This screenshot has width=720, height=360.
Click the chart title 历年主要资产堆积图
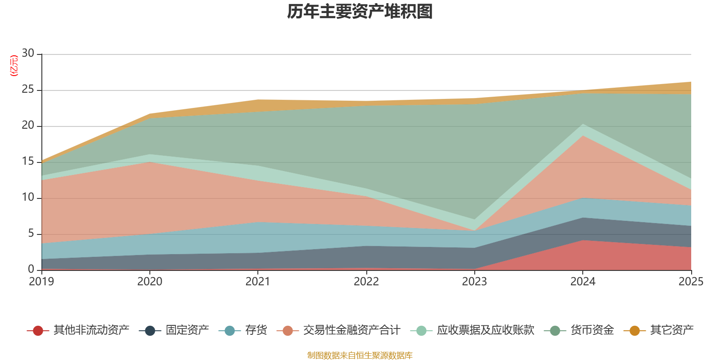pyautogui.click(x=360, y=12)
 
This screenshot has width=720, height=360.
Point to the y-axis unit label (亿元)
pyautogui.click(x=14, y=66)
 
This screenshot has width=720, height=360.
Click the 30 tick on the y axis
pyautogui.click(x=28, y=54)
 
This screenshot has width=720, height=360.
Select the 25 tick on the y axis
pyautogui.click(x=28, y=90)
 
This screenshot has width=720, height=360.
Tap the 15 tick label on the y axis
pyautogui.click(x=28, y=162)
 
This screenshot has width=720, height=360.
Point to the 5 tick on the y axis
pyautogui.click(x=31, y=234)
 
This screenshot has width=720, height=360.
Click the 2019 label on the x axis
pyautogui.click(x=41, y=282)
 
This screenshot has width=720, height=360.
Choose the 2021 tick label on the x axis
pyautogui.click(x=258, y=282)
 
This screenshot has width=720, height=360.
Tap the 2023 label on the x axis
pyautogui.click(x=474, y=282)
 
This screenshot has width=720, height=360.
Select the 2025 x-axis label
pyautogui.click(x=691, y=282)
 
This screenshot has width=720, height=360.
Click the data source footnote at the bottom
pyautogui.click(x=360, y=355)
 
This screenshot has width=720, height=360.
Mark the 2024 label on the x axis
pyautogui.click(x=583, y=282)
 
